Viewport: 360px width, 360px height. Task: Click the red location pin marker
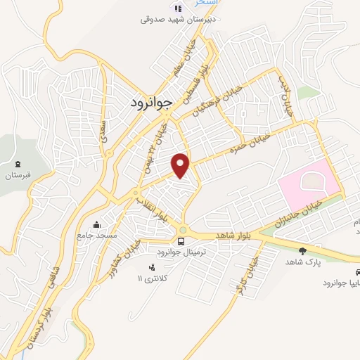tap(181, 165)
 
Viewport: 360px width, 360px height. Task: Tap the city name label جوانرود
tap(151, 103)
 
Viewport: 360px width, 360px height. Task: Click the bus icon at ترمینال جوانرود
tap(182, 241)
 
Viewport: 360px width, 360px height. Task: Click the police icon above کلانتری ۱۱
tap(152, 266)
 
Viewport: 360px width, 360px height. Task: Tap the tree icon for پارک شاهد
tap(302, 250)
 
